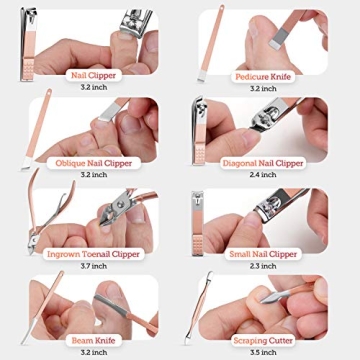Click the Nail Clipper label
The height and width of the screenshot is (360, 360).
pyautogui.click(x=92, y=75)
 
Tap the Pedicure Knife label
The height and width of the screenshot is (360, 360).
pyautogui.click(x=262, y=75)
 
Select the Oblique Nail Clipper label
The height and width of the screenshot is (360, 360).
pyautogui.click(x=92, y=163)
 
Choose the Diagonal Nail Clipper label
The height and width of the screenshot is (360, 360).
pyautogui.click(x=262, y=163)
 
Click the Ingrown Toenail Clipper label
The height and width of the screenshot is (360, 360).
pyautogui.click(x=92, y=254)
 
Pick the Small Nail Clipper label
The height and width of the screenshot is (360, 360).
pyautogui.click(x=262, y=254)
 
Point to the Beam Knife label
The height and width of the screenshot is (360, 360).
pyautogui.click(x=92, y=341)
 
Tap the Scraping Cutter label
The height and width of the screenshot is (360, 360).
pyautogui.click(x=262, y=341)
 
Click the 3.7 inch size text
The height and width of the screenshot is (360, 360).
pyautogui.click(x=92, y=266)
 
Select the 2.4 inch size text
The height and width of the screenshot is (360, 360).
pyautogui.click(x=262, y=175)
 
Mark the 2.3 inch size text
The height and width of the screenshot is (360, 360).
pyautogui.click(x=262, y=266)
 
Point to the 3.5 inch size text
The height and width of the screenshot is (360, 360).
pyautogui.click(x=262, y=353)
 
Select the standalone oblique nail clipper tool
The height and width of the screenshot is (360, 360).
pyautogui.click(x=37, y=125)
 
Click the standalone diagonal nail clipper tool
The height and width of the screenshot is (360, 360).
pyautogui.click(x=199, y=133)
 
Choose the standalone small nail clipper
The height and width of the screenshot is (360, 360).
pyautogui.click(x=198, y=222)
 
